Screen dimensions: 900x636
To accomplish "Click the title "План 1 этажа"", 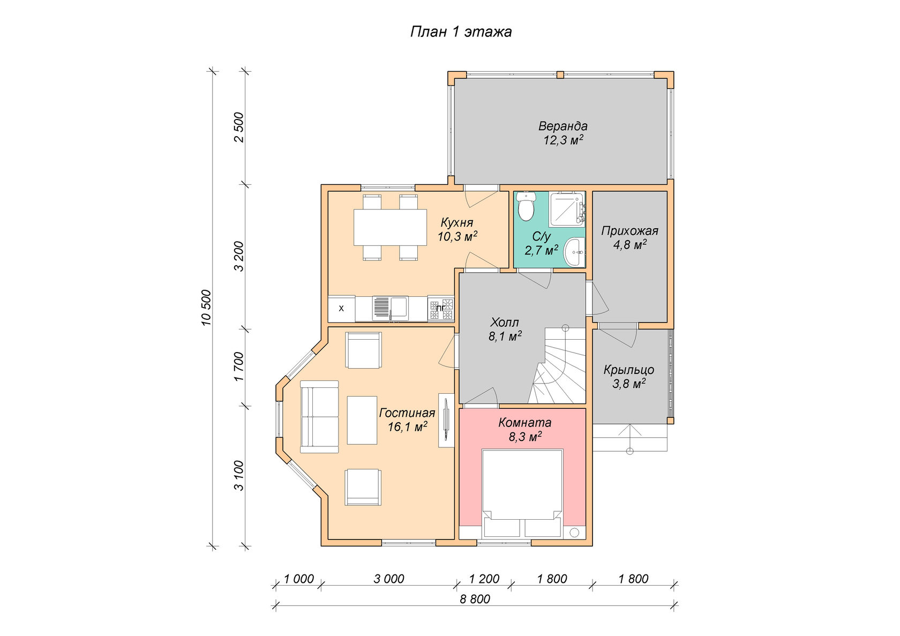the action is click(461, 32).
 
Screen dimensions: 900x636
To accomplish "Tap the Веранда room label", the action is click(562, 126).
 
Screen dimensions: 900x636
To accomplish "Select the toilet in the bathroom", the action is click(526, 206).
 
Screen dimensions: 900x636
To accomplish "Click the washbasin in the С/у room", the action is click(574, 252).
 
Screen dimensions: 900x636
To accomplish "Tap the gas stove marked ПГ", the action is click(441, 309).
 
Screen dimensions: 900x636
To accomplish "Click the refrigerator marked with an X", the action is click(342, 309).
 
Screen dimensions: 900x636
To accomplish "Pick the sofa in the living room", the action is click(319, 417).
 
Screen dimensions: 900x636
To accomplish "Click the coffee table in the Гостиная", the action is click(362, 420).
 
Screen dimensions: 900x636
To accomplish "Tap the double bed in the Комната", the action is click(522, 493).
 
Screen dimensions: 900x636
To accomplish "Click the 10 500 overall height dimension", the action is click(206, 308).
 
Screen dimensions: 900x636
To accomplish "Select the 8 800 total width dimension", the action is click(475, 599).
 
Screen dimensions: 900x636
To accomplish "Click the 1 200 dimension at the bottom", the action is click(484, 579).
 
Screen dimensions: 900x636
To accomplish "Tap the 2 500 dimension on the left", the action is click(239, 127).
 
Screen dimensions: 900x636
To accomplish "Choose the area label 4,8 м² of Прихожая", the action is click(629, 245).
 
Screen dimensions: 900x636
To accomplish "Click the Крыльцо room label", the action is click(629, 370).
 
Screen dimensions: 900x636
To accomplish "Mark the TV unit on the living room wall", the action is click(446, 420).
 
